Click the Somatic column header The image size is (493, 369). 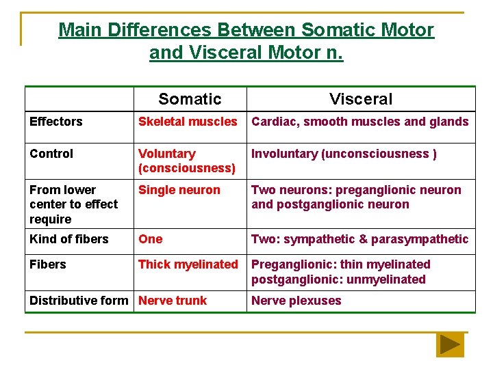point(190,99)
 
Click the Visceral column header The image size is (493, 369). point(361,99)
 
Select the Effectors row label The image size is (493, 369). point(56,122)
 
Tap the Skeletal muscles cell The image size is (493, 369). point(188,122)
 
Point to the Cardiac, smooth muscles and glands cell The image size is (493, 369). point(360,122)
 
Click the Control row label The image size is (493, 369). point(51,154)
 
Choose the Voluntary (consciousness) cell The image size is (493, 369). point(187,161)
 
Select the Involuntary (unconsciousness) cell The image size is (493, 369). point(344,154)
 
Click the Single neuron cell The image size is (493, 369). point(179,190)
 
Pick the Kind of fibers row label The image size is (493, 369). point(69,239)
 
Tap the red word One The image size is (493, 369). point(151,239)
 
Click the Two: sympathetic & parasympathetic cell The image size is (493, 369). point(360,239)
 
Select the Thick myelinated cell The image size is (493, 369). point(188,264)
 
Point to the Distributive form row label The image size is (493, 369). point(79,301)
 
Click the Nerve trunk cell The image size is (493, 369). point(173,301)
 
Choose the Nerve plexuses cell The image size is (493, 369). point(296,301)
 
